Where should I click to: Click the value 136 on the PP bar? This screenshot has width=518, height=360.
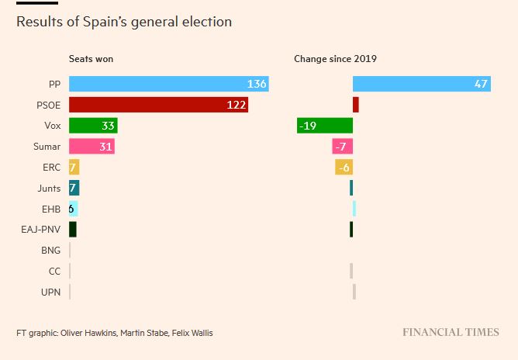coord(257,84)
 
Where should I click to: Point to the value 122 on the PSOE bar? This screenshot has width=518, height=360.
coord(237,105)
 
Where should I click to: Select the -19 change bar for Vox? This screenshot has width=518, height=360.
coord(325,126)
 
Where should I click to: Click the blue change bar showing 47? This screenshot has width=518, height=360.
coord(421,84)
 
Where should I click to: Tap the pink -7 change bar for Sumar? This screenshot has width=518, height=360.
coord(342,146)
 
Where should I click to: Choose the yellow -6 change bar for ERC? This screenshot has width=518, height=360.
coord(344,167)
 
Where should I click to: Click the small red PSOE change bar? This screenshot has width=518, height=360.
coord(356,105)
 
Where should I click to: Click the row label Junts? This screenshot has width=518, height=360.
coord(49,188)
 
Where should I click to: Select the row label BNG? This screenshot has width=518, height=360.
coord(50,251)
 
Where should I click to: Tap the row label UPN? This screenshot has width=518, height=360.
coord(51,292)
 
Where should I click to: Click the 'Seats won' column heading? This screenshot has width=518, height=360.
coord(92,59)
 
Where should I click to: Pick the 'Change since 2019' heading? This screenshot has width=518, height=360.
coord(335,59)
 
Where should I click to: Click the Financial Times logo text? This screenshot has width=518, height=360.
coord(451,332)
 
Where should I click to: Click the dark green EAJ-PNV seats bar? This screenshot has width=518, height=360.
coord(73,230)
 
